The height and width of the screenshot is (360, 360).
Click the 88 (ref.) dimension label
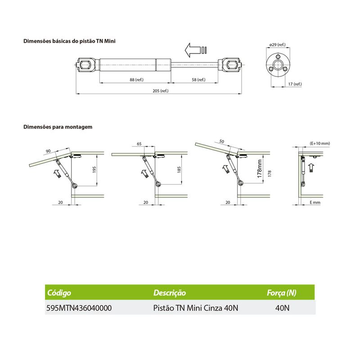(x=136, y=80)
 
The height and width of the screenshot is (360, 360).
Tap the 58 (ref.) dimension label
(x=198, y=80)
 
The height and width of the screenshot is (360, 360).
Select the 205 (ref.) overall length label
(x=161, y=91)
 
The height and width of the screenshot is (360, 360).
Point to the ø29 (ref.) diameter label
(x=277, y=45)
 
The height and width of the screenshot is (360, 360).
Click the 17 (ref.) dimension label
(x=295, y=84)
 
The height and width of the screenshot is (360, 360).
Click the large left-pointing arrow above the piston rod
(x=193, y=50)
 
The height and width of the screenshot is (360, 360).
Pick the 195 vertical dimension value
(x=94, y=170)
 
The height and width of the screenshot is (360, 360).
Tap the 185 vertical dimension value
(x=179, y=170)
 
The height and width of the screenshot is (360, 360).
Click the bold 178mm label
(x=260, y=168)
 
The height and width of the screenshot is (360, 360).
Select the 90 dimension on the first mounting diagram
(x=48, y=151)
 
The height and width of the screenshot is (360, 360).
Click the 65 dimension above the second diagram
(x=139, y=144)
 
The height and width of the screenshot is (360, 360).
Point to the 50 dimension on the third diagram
(x=221, y=141)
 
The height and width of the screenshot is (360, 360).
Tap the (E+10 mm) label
(x=320, y=143)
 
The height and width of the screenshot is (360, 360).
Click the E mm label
(x=315, y=202)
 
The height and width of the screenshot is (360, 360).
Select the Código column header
(x=59, y=293)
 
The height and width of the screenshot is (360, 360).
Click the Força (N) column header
(x=282, y=293)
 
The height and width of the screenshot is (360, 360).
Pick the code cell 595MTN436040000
(x=79, y=308)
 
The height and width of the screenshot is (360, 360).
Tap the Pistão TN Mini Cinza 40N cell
(x=196, y=308)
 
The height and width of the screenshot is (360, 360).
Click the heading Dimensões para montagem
(x=58, y=127)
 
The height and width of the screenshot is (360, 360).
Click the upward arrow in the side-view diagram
(x=311, y=168)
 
